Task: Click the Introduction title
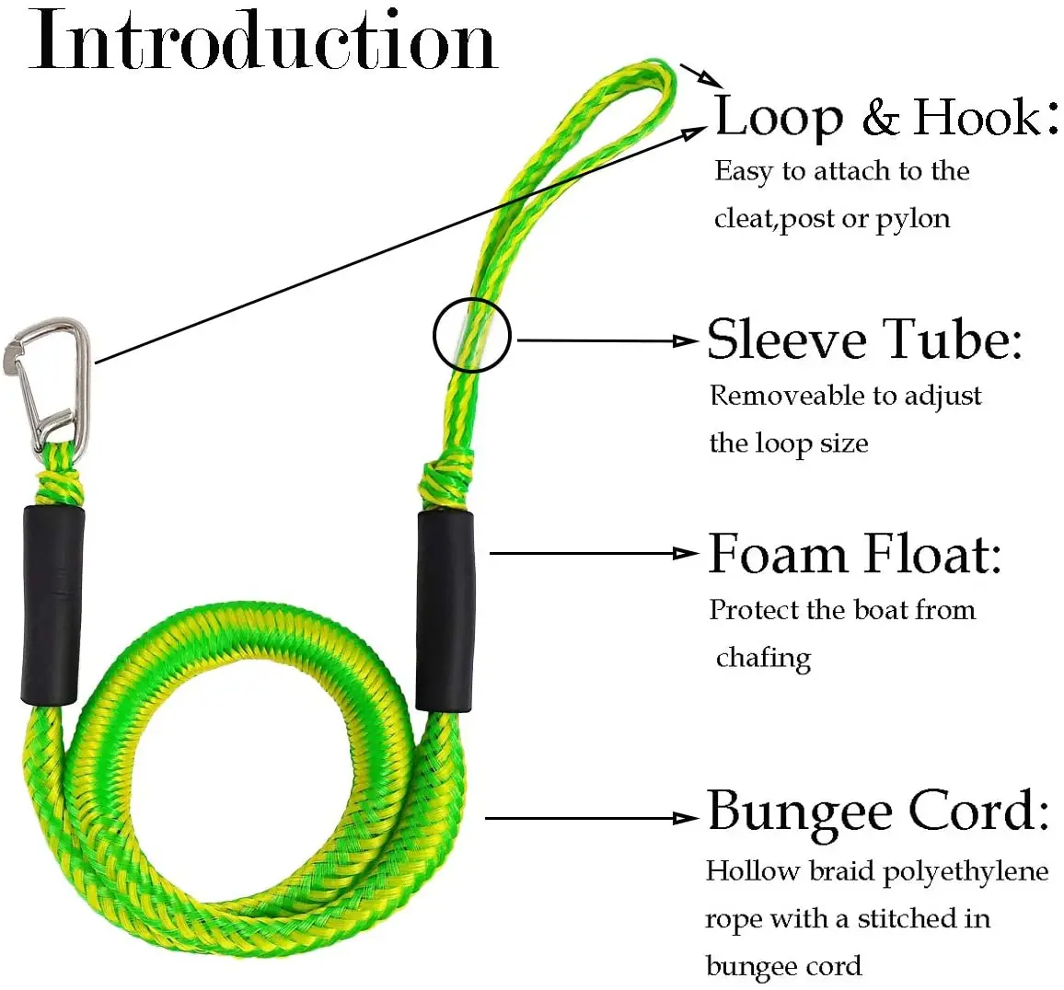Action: click(263, 41)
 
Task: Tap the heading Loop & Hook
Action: click(885, 118)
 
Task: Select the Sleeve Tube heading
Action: click(863, 340)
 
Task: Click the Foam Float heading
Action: click(854, 555)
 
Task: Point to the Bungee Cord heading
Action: click(877, 812)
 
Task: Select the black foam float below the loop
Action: click(445, 610)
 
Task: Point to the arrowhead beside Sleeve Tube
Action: click(687, 340)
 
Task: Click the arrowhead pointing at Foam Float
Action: click(687, 553)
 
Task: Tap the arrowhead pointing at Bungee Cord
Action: click(687, 817)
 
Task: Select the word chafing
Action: click(763, 658)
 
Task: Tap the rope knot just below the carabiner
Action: click(59, 483)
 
